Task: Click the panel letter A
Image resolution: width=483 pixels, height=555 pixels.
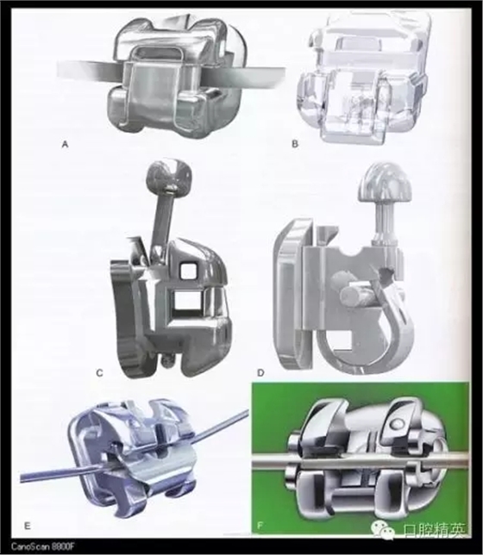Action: tap(65, 145)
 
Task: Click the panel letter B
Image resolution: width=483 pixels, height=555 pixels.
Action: tap(295, 144)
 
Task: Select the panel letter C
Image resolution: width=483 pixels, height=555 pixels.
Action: tap(100, 372)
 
